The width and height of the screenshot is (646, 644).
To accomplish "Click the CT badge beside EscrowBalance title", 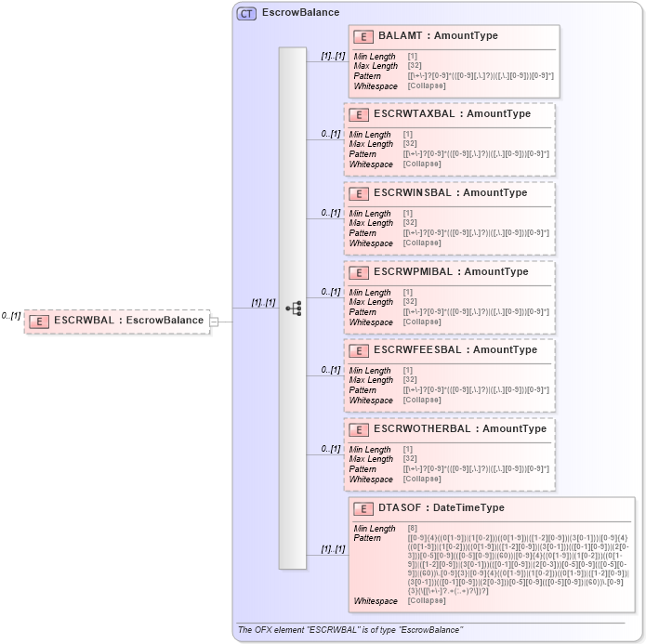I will [x=247, y=13].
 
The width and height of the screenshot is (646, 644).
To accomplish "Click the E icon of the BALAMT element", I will [x=363, y=36].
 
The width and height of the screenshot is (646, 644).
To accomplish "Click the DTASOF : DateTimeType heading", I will [x=441, y=508].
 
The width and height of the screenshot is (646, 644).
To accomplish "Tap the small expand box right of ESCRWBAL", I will [x=215, y=322].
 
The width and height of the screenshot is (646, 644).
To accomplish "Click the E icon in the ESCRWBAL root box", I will [x=39, y=322].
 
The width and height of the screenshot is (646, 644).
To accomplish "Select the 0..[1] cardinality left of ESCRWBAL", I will [x=11, y=316].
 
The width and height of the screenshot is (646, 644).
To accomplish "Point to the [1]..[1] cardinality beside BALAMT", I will [x=333, y=56].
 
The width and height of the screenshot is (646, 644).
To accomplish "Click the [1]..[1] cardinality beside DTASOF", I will [x=333, y=549].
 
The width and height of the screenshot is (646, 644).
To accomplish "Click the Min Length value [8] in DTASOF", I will [x=413, y=529].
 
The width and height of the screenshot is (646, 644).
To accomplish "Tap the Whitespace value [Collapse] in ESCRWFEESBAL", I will [x=422, y=401].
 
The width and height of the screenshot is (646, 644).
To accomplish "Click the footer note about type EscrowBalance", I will [x=349, y=630].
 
